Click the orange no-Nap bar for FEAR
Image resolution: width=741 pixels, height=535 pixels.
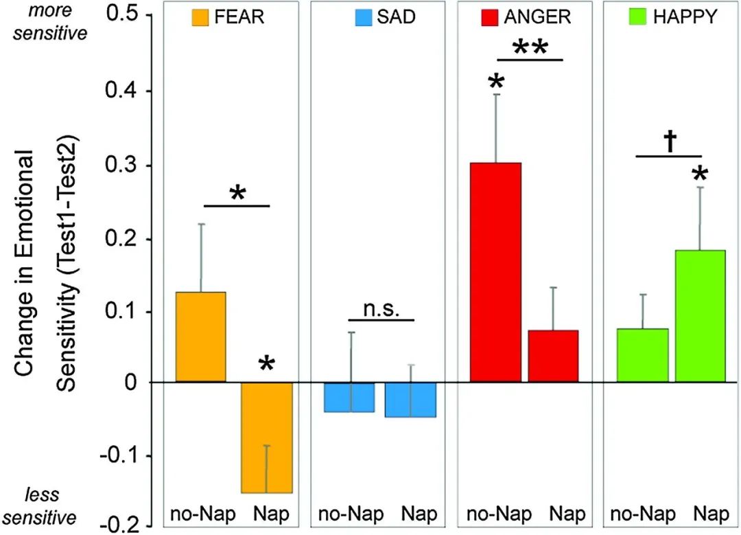(x=200, y=337)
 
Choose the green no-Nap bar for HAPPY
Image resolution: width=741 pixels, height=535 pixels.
(x=642, y=355)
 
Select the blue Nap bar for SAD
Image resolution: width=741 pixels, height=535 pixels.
(x=411, y=400)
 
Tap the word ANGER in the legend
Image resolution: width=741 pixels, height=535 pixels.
(x=528, y=17)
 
